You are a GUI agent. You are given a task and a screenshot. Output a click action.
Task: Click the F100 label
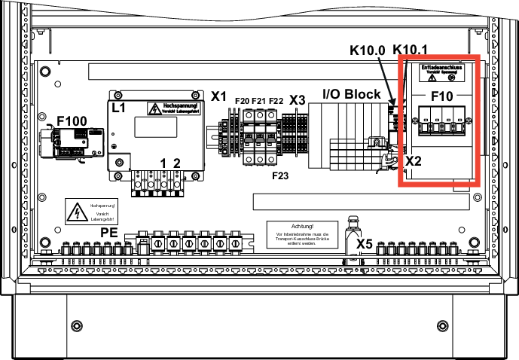(72, 120)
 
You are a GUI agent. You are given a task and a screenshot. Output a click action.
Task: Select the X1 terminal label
(218, 96)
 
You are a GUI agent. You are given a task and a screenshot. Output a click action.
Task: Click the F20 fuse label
(243, 100)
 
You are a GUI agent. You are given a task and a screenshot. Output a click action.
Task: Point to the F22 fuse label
(275, 100)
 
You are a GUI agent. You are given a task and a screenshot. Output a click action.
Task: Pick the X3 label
(297, 100)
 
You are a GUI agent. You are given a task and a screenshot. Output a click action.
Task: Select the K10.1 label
(411, 50)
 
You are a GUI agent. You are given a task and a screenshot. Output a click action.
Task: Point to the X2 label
(414, 160)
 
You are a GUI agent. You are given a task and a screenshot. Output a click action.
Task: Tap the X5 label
(365, 243)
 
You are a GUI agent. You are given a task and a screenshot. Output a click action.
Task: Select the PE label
(109, 233)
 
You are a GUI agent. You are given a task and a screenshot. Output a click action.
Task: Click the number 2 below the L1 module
(177, 163)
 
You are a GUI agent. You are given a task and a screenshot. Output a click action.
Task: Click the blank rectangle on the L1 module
(155, 127)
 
